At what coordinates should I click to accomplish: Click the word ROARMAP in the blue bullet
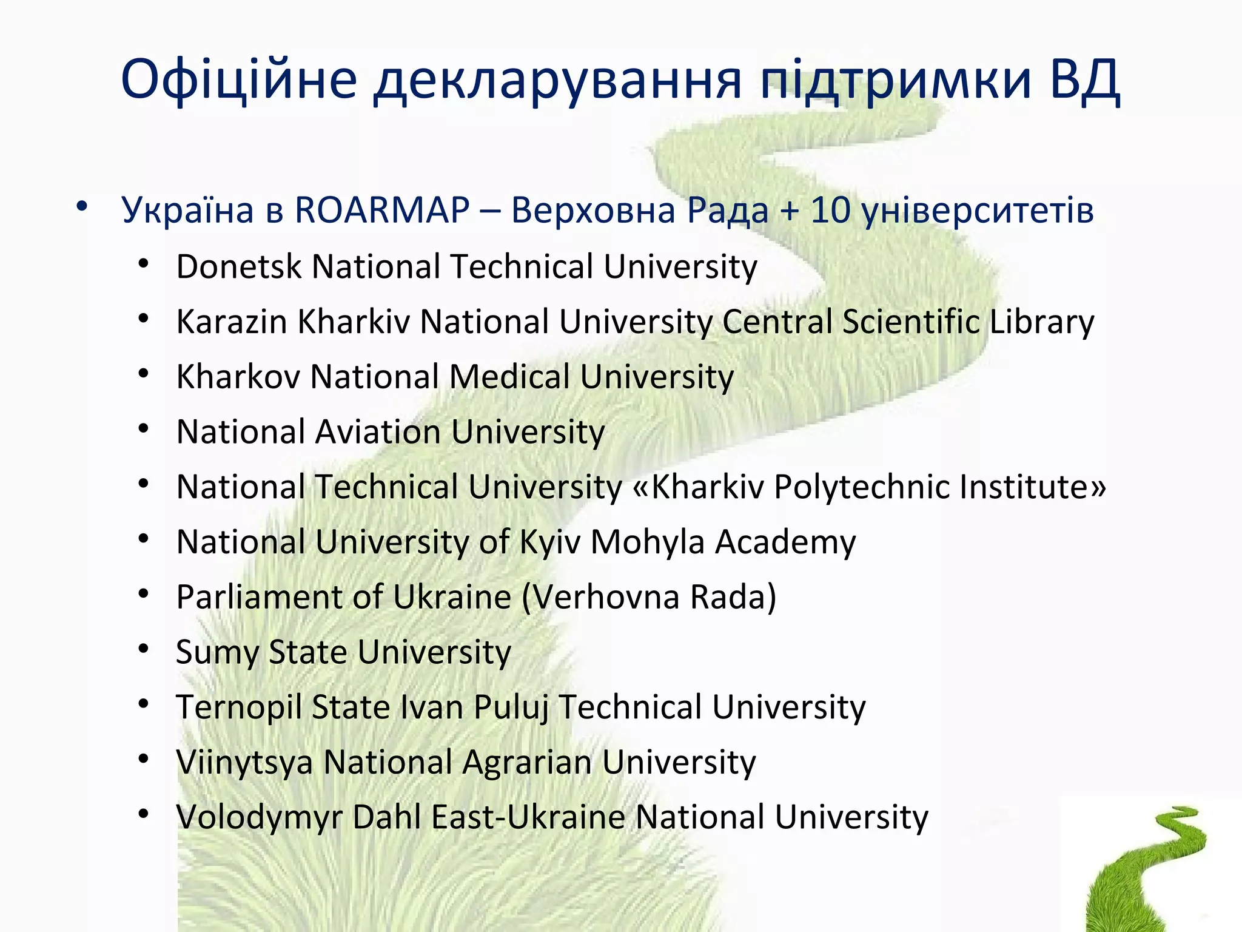(x=382, y=211)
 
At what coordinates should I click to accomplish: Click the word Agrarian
(x=527, y=763)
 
